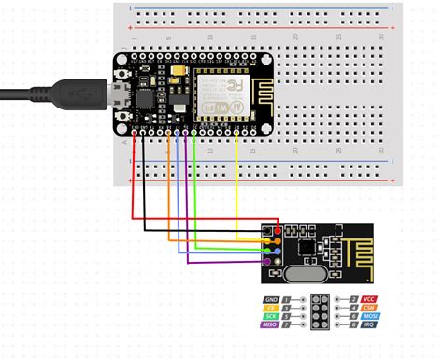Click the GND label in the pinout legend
[272, 300]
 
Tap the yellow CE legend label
[272, 309]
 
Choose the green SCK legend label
[272, 318]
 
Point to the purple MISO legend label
[272, 326]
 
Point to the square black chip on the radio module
[309, 246]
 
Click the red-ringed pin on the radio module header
[278, 230]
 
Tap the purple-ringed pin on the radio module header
[267, 263]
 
